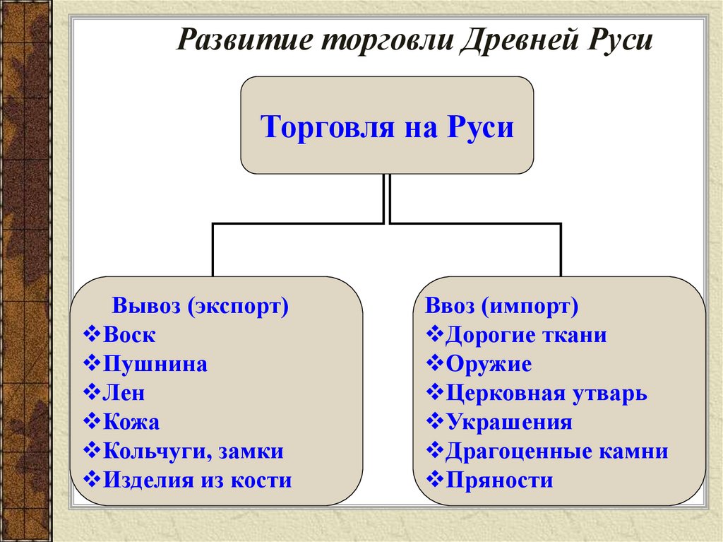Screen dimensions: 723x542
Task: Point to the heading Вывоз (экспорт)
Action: point(201,307)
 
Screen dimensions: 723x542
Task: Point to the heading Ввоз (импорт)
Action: point(502,307)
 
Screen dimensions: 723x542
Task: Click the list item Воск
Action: point(129,335)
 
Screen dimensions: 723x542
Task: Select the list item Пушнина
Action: point(155,365)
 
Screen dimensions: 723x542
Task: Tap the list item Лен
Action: point(124,394)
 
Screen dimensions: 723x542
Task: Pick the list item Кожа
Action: point(131,423)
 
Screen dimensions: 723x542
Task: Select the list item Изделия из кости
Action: point(197,481)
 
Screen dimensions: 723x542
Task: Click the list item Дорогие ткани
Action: point(526,335)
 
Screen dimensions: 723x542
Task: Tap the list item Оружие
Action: point(489,365)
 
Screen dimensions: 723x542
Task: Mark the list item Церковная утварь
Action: point(546,394)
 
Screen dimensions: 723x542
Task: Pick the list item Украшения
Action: point(509,423)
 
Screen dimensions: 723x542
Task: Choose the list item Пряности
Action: point(499,481)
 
